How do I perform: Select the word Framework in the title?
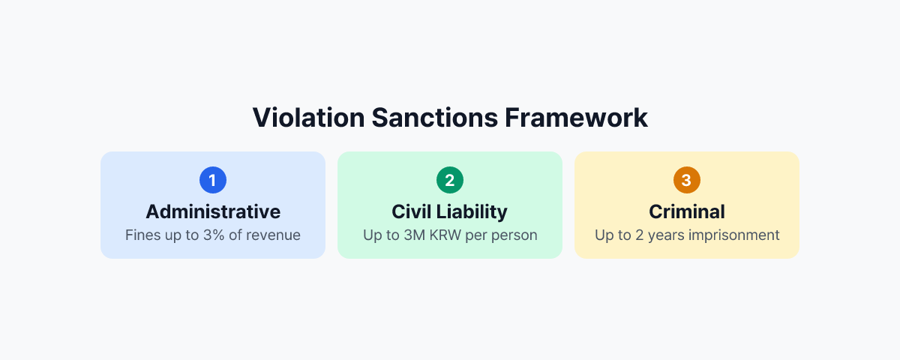click(x=576, y=118)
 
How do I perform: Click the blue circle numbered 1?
click(x=213, y=180)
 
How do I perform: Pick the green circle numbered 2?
click(x=450, y=180)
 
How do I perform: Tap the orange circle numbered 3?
click(x=686, y=180)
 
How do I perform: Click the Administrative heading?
click(x=213, y=211)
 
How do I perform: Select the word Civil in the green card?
click(x=412, y=211)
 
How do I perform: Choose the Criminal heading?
click(x=686, y=211)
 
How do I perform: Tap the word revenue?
click(x=276, y=235)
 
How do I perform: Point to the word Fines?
click(x=142, y=235)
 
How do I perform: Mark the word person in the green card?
click(x=517, y=235)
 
